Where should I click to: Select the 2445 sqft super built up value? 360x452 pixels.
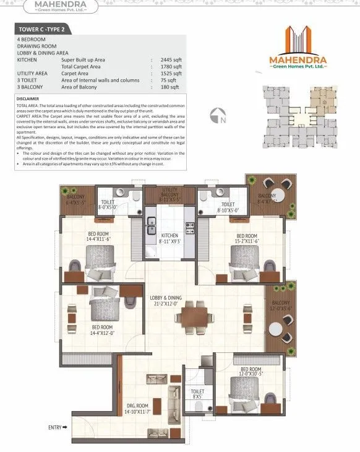pos(171,59)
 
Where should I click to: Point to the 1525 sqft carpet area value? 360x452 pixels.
pos(171,72)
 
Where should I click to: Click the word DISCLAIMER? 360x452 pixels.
pos(29,98)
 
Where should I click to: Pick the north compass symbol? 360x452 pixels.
pos(216,115)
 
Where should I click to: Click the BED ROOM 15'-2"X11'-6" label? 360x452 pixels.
pos(247,238)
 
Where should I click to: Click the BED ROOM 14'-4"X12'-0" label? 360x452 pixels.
pos(102,330)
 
